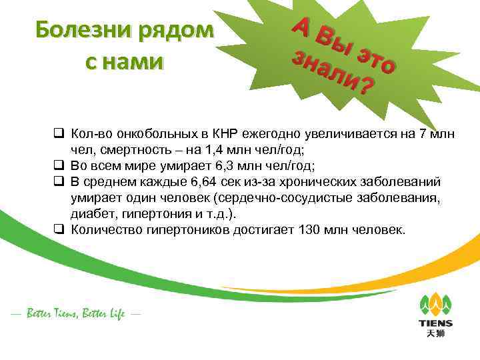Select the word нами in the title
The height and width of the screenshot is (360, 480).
click(x=132, y=62)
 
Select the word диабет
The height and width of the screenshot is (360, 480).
click(x=90, y=214)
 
